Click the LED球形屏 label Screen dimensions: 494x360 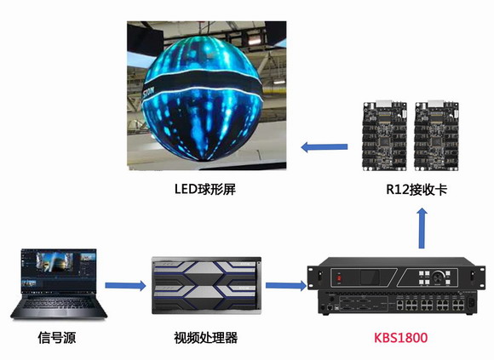point(205,189)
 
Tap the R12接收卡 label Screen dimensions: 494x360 point(416,190)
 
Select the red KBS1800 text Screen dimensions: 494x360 point(401,338)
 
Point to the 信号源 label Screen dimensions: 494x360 point(57,338)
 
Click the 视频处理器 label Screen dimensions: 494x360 point(206,338)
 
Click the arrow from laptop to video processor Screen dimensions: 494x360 point(125,285)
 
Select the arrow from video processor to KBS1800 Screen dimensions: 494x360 point(286,285)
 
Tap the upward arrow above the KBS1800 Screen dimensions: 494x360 point(422,228)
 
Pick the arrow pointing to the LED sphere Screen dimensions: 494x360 point(325,146)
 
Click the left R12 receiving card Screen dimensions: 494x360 point(385,135)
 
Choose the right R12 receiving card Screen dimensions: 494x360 point(436,135)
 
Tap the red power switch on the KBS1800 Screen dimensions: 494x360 point(339,278)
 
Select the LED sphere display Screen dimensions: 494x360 point(203,98)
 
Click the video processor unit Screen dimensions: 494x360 point(206,285)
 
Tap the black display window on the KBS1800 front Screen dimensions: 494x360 point(370,277)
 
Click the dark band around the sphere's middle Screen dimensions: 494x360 point(203,83)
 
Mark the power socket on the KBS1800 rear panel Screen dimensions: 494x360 point(471,304)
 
